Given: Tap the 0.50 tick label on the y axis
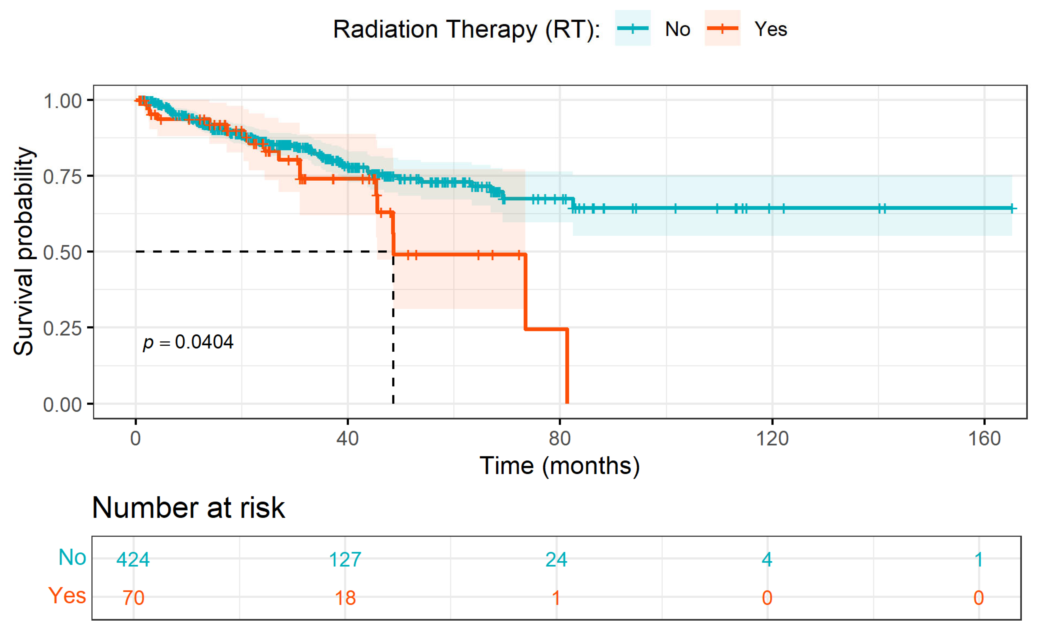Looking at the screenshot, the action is point(62,253).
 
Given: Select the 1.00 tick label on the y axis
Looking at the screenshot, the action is point(62,101).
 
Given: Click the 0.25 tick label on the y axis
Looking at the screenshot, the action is point(62,328).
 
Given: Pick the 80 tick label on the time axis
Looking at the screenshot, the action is point(560,439).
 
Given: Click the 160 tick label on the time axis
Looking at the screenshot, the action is point(984,439).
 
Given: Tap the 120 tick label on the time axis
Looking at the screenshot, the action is point(772,439).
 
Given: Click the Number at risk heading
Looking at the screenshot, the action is point(188,508).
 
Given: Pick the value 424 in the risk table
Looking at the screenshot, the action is point(133,560).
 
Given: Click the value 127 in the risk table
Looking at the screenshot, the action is point(345,560).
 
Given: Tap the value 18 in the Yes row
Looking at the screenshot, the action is point(345,598).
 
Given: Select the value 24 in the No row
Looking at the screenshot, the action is point(556,560).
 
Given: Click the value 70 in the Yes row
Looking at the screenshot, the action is point(133,598).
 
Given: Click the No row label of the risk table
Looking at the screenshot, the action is point(72,557).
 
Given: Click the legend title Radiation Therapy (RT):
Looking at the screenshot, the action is point(467,30).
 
